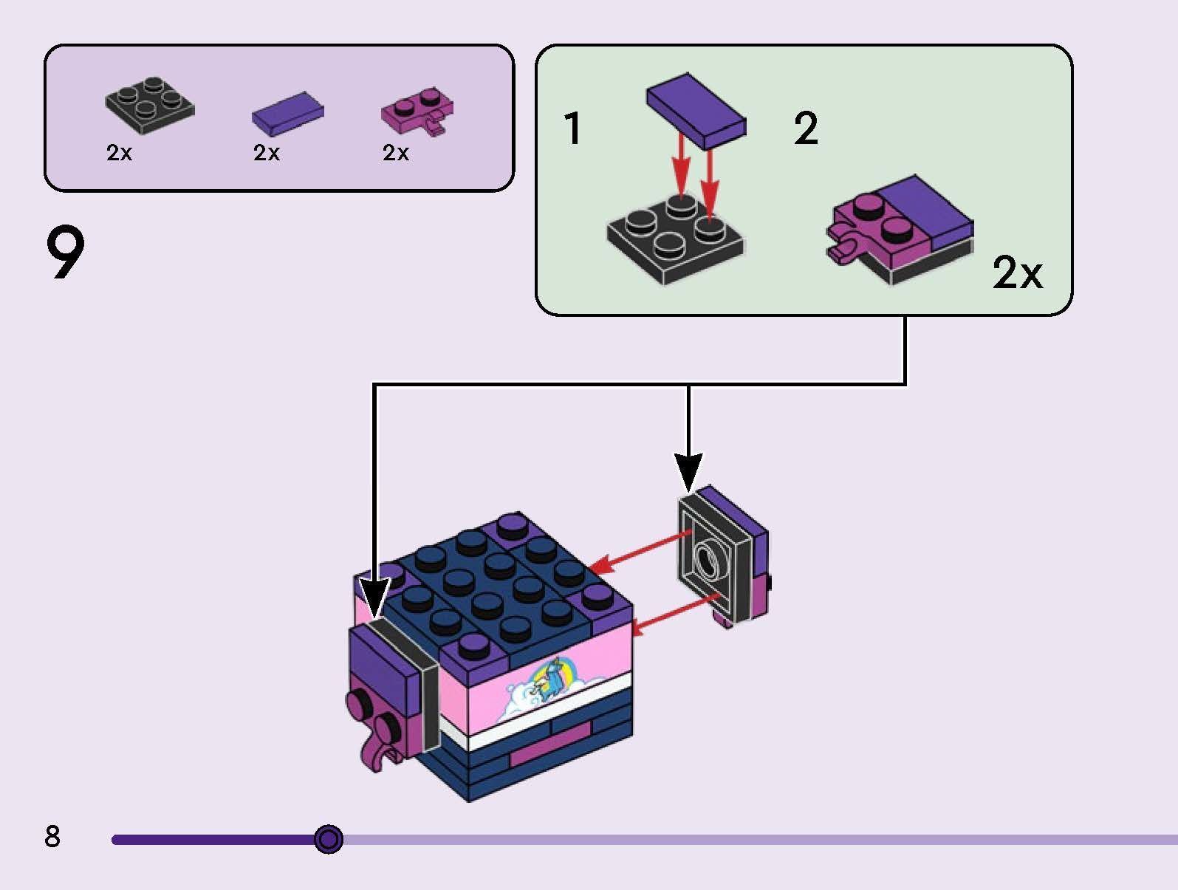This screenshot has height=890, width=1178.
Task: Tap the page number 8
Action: [52, 836]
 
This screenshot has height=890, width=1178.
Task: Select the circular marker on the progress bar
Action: [329, 839]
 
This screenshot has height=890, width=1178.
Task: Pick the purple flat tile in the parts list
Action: [287, 114]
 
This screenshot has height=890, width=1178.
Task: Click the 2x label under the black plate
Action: [119, 153]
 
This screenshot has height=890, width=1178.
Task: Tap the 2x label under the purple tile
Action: [266, 153]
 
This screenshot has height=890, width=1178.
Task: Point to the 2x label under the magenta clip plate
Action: [396, 153]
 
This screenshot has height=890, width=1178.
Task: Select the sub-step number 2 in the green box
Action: [806, 129]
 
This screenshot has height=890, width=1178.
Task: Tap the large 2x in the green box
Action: [1017, 273]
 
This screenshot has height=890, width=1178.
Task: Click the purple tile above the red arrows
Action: [696, 110]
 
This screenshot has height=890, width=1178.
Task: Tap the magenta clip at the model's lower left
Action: [383, 755]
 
